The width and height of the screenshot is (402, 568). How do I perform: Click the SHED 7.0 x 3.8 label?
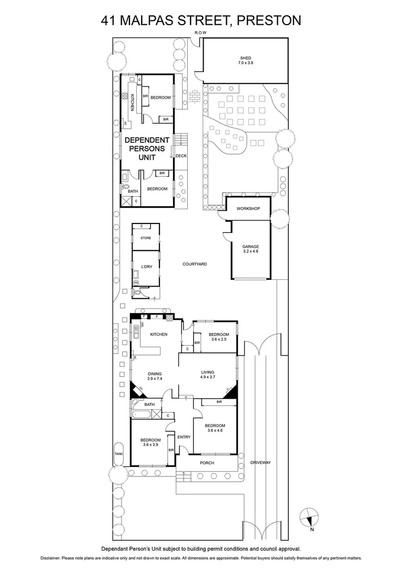click(x=245, y=60)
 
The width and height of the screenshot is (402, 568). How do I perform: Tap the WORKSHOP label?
click(x=248, y=209)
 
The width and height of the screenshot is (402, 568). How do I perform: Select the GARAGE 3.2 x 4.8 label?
click(x=250, y=249)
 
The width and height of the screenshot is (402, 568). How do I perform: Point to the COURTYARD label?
click(x=195, y=263)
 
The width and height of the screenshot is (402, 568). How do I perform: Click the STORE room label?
click(x=146, y=238)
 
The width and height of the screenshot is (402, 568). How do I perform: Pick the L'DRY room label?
click(x=146, y=267)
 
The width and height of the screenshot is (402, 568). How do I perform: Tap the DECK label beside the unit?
click(x=181, y=156)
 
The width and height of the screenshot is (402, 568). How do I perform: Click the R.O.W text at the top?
click(x=200, y=33)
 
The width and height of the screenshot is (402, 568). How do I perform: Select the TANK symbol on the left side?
click(x=118, y=453)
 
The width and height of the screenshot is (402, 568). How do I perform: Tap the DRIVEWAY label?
click(x=260, y=462)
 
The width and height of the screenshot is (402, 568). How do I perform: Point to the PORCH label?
click(x=207, y=463)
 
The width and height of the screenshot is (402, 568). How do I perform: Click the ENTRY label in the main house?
click(x=184, y=437)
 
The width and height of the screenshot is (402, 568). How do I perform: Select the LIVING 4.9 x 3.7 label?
click(x=208, y=374)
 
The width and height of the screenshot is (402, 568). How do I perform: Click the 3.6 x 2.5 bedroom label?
click(x=218, y=337)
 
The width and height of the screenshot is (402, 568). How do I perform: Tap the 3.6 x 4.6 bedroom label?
click(x=215, y=428)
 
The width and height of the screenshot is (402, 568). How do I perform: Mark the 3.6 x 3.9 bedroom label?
click(x=150, y=442)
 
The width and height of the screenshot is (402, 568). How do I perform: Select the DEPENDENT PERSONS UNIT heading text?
click(x=147, y=148)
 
